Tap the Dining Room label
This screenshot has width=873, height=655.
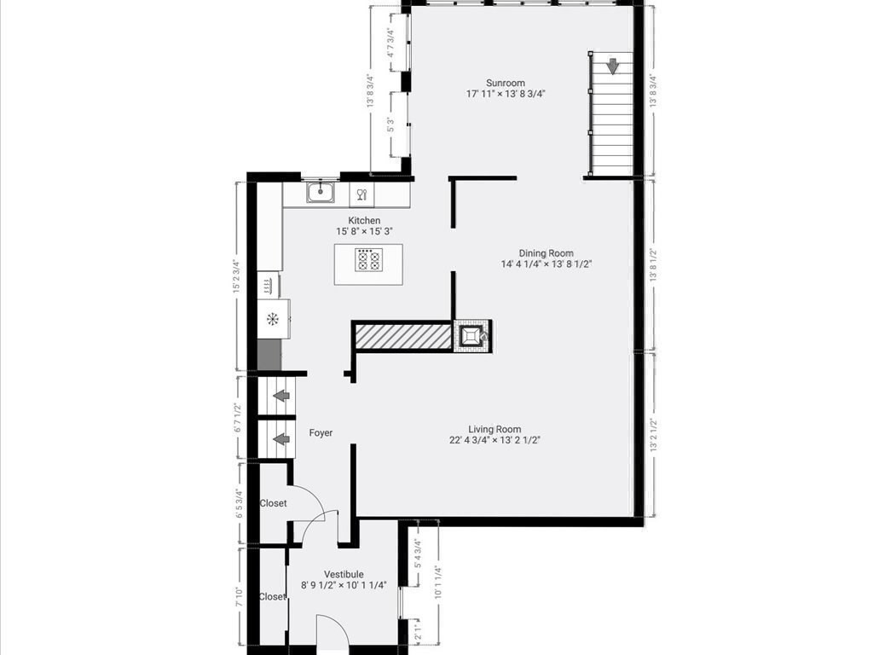[546, 253]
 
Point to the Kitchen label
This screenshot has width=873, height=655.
[364, 221]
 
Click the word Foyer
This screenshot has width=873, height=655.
[321, 433]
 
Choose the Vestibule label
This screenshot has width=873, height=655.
[344, 574]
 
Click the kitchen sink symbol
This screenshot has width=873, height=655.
[321, 192]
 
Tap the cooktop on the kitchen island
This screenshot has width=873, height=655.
[368, 260]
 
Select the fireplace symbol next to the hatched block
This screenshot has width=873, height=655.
[471, 335]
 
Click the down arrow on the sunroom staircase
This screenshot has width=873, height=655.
[612, 66]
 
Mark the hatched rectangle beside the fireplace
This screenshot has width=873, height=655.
[402, 336]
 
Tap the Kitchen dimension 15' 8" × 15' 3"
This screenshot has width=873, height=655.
[364, 231]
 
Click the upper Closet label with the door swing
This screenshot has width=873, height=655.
[274, 503]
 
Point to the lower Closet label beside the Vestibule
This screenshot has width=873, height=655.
[272, 597]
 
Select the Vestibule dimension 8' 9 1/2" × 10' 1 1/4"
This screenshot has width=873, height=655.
[344, 585]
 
